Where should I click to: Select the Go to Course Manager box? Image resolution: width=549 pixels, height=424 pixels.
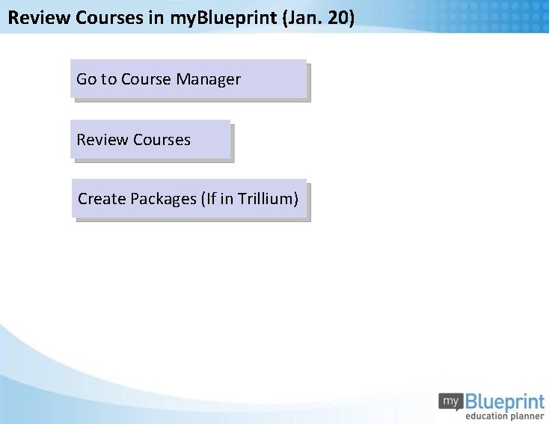coord(188,79)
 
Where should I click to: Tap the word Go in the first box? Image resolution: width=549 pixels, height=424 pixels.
coord(87,79)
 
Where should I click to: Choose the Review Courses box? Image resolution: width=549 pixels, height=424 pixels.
coord(150,140)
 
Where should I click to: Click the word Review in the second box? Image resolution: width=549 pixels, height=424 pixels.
coord(102,140)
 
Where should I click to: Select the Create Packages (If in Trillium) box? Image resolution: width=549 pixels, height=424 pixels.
coord(189,199)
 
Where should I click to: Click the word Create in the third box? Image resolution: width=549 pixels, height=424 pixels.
coord(102,199)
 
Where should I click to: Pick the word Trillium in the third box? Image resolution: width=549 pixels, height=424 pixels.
coord(269,199)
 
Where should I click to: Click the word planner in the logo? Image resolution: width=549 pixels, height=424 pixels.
coord(527,416)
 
